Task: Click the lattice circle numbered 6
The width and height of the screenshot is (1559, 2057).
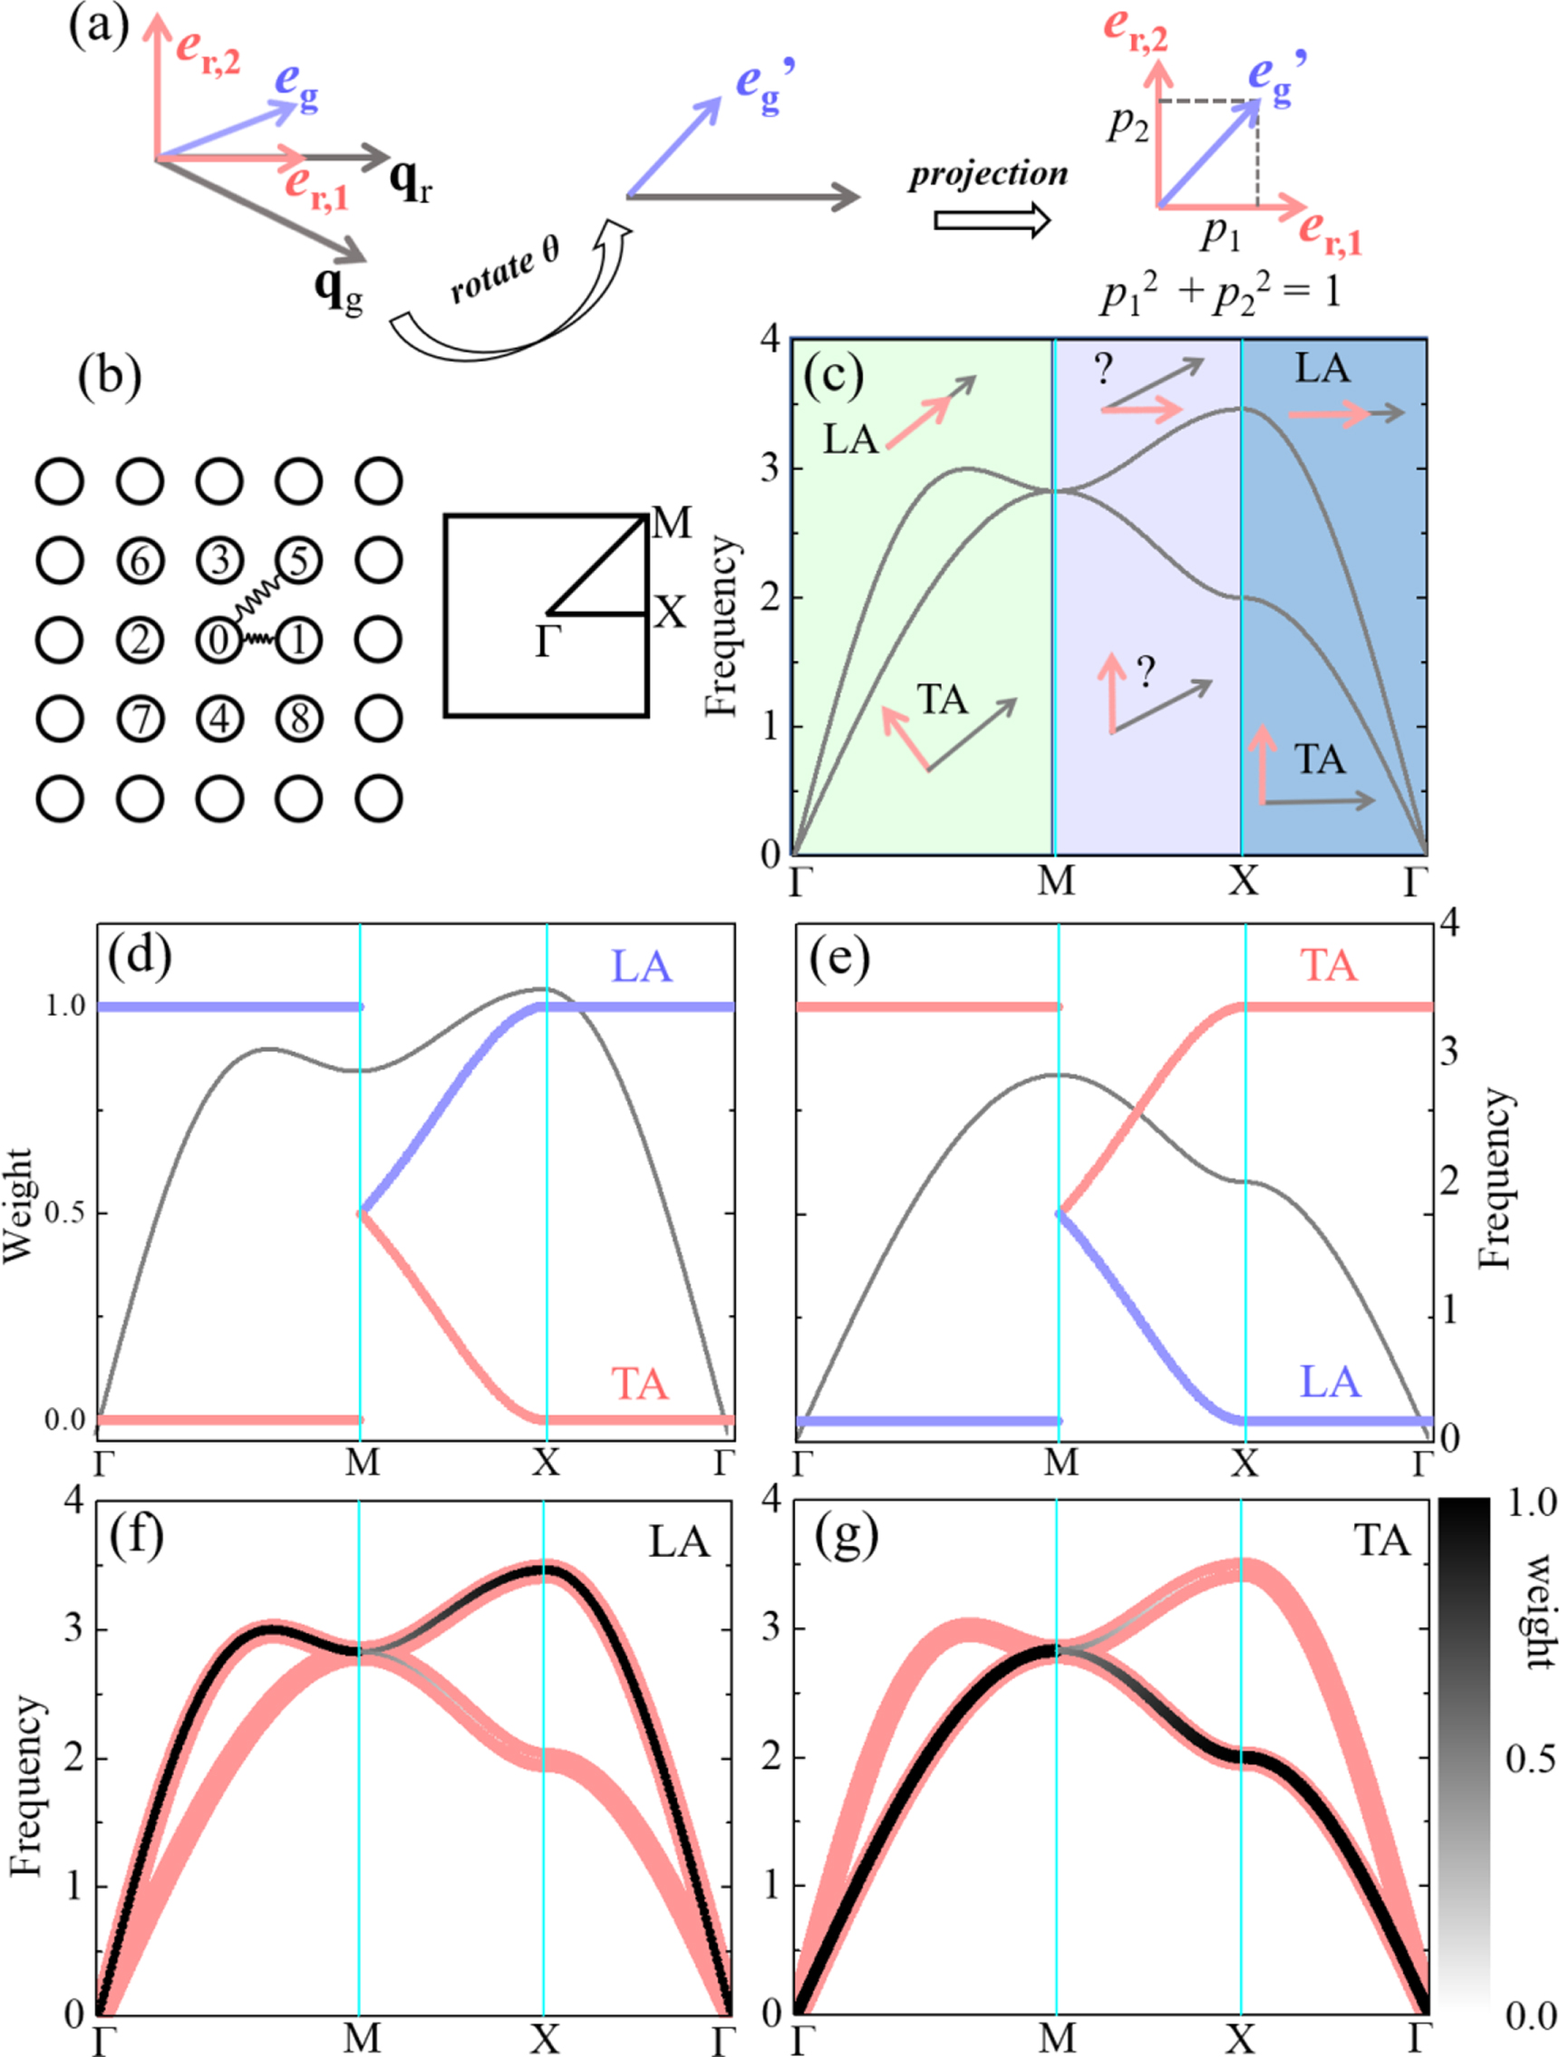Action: pos(140,561)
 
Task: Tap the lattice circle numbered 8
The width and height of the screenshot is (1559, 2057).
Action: pos(299,719)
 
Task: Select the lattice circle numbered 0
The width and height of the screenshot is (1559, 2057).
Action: pos(219,640)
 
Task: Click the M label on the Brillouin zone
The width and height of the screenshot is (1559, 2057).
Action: pos(671,525)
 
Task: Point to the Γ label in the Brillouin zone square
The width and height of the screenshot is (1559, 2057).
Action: pos(547,642)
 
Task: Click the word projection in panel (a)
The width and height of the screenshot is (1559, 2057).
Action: pos(988,176)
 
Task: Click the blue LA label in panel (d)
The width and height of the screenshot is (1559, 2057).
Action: pos(641,967)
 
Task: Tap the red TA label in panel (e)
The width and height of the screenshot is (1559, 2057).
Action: pos(1328,965)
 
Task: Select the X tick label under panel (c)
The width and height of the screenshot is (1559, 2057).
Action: pos(1243,879)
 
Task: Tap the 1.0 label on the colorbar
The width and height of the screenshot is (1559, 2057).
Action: pos(1531,1503)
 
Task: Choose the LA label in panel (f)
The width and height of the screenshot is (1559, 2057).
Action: pos(678,1541)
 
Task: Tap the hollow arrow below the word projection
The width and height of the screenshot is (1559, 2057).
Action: pos(992,221)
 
